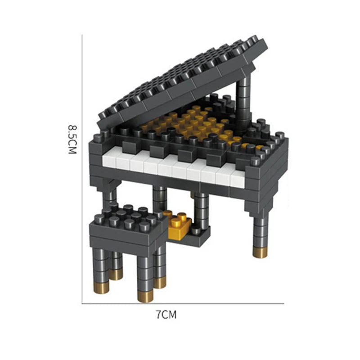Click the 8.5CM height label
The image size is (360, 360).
point(72,139)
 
